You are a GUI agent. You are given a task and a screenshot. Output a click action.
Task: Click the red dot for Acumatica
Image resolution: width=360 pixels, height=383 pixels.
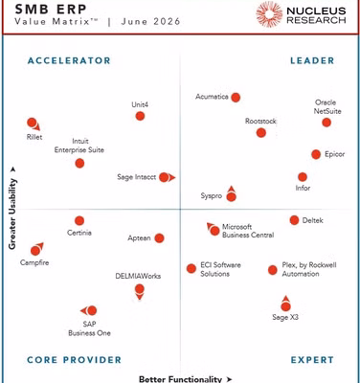point(236,98)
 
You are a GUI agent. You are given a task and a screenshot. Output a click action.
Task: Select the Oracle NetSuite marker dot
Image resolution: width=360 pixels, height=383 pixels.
point(326,123)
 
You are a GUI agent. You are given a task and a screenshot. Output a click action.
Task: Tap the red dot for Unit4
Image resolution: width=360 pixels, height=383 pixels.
point(140,116)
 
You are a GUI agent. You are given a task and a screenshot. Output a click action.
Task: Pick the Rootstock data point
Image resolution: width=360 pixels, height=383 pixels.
point(261,133)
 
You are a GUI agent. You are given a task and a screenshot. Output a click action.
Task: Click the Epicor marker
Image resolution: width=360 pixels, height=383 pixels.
point(316,154)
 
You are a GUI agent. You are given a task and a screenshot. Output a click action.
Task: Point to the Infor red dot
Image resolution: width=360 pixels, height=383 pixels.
point(303,177)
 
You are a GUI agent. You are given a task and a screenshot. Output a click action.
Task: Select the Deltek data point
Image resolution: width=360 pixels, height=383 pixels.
point(294,220)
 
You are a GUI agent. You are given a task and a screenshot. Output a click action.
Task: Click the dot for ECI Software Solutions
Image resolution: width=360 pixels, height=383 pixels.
point(191,269)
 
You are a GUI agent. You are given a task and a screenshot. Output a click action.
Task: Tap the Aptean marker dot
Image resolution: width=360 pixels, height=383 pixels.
point(159,238)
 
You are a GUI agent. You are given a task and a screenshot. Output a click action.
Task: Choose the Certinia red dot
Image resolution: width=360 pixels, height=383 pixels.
point(79,220)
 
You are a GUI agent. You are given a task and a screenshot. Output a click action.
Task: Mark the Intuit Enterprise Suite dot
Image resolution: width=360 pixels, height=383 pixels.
point(79,164)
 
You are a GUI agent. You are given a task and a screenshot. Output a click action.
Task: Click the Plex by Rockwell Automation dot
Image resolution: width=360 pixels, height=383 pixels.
point(273,270)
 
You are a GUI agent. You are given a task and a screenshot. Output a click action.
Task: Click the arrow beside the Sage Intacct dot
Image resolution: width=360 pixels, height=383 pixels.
point(172,177)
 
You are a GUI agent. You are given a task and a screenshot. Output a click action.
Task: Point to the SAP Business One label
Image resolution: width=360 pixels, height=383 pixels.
point(89,328)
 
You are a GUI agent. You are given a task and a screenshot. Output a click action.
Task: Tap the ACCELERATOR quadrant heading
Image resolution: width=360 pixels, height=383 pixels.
point(69,60)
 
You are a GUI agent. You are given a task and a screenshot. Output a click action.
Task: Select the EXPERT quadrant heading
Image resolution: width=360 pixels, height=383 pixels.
point(312,360)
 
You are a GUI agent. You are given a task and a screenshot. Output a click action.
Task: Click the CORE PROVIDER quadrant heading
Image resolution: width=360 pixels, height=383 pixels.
point(75,360)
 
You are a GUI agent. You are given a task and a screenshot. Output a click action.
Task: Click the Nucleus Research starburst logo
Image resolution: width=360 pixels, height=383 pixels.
point(269,14)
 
